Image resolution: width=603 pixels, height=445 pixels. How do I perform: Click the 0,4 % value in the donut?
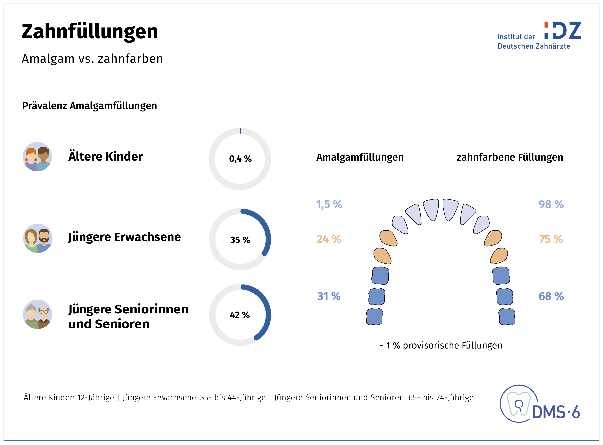point(240,159)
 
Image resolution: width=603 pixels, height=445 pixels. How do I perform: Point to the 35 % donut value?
point(240,240)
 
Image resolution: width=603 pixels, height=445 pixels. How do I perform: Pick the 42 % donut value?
point(240,315)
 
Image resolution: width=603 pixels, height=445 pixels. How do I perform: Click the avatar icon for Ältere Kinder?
point(37,157)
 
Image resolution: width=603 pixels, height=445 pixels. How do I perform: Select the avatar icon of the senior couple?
point(37,314)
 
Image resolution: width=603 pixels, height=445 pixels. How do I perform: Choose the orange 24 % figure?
point(329,239)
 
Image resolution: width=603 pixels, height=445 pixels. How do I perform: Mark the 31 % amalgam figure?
point(329,296)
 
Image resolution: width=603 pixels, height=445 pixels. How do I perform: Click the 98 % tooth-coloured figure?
point(551,204)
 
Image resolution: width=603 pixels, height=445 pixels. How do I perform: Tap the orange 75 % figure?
point(551,239)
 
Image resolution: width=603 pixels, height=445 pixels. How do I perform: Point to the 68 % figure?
point(551,296)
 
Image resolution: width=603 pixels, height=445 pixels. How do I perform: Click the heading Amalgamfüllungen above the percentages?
point(360,157)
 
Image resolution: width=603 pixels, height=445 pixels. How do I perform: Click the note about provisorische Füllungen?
point(441,345)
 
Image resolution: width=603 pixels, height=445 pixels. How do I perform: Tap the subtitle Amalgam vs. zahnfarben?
point(92,59)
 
